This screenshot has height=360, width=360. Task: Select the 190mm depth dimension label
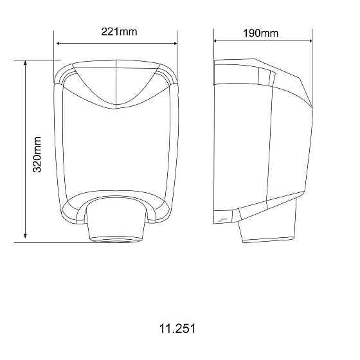[x=260, y=32]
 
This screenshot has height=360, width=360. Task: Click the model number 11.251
[x=177, y=328]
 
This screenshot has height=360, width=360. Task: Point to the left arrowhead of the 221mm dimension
[x=59, y=43]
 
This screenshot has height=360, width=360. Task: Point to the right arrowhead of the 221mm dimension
[x=174, y=43]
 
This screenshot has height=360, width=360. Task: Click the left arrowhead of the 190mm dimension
[x=217, y=40]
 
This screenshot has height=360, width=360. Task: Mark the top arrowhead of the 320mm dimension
[x=25, y=63]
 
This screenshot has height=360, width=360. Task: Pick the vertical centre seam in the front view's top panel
[x=116, y=87]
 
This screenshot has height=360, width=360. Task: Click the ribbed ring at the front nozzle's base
[x=116, y=239]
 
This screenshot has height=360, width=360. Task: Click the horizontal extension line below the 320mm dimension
[x=51, y=243]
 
